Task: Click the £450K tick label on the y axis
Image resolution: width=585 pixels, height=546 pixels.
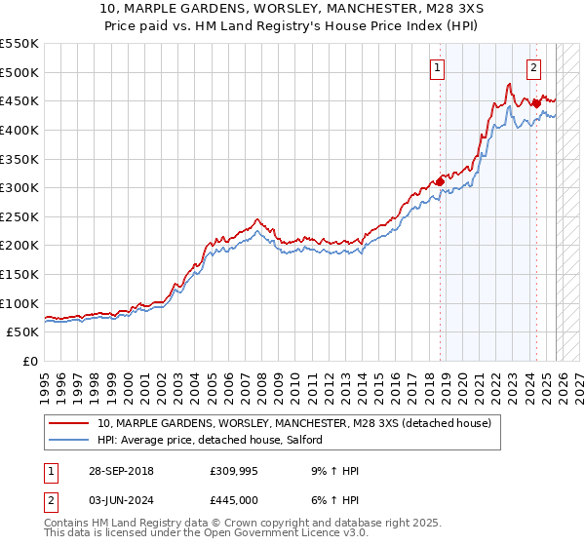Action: pyautogui.click(x=19, y=101)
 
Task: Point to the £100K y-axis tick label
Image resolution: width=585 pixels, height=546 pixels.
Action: pyautogui.click(x=19, y=304)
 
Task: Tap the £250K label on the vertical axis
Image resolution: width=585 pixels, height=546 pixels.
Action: pyautogui.click(x=19, y=217)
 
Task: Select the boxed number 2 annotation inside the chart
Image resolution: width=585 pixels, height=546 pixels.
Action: pyautogui.click(x=534, y=67)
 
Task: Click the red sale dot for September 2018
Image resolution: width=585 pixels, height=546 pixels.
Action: pyautogui.click(x=440, y=181)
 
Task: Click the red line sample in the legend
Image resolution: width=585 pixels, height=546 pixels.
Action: pyautogui.click(x=69, y=423)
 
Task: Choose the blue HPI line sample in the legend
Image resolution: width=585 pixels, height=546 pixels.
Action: pyautogui.click(x=69, y=440)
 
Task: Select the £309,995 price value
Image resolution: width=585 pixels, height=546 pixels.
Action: pyautogui.click(x=237, y=471)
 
